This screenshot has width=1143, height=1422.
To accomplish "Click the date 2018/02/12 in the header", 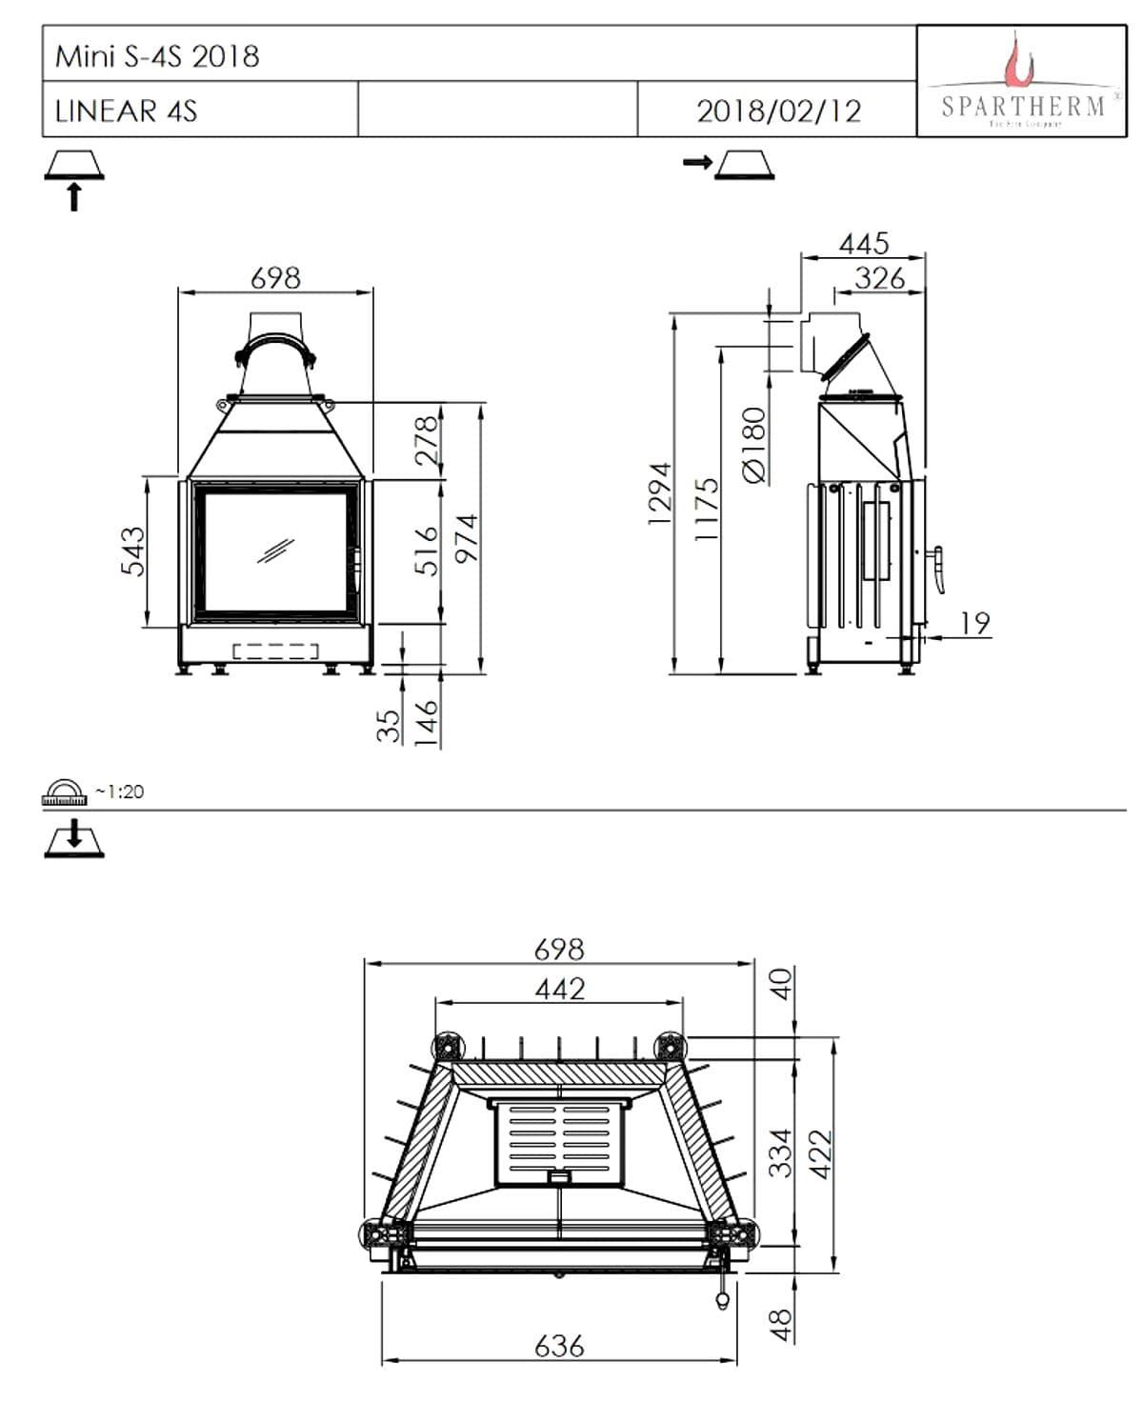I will pyautogui.click(x=778, y=110).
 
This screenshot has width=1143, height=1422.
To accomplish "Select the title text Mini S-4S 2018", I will pyautogui.click(x=157, y=55).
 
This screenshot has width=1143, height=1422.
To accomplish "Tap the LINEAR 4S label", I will pyautogui.click(x=126, y=110).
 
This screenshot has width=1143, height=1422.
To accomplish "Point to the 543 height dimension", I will pyautogui.click(x=133, y=551).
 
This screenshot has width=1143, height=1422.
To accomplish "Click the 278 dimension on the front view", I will pyautogui.click(x=428, y=438).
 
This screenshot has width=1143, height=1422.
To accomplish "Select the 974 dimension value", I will pyautogui.click(x=466, y=539).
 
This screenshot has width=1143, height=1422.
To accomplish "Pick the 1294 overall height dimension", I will pyautogui.click(x=659, y=492).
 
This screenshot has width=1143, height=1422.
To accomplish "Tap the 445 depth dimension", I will pyautogui.click(x=863, y=244).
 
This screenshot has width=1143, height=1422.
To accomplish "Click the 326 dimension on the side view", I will pyautogui.click(x=878, y=278).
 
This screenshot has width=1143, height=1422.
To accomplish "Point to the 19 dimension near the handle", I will pyautogui.click(x=974, y=623).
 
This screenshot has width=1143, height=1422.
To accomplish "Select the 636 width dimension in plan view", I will pyautogui.click(x=559, y=1345).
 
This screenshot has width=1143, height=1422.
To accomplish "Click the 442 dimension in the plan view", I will pyautogui.click(x=559, y=989).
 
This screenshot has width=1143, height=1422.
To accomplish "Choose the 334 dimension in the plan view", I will pyautogui.click(x=780, y=1152).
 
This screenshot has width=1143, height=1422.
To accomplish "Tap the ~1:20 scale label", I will pyautogui.click(x=119, y=791).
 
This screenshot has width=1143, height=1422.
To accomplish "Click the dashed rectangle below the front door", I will pyautogui.click(x=275, y=651).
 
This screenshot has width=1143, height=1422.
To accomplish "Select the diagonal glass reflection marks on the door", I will pyautogui.click(x=275, y=551).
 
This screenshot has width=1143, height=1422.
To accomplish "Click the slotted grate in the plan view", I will pyautogui.click(x=559, y=1142).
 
